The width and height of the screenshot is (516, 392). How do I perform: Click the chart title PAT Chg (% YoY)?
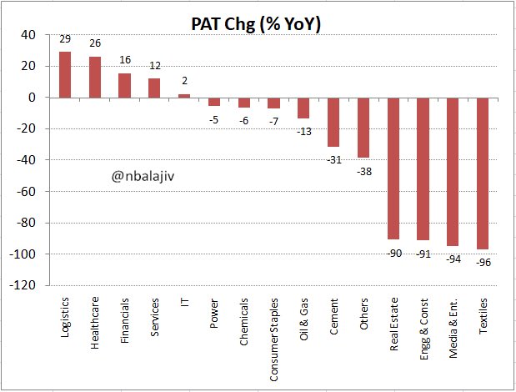[x=257, y=24]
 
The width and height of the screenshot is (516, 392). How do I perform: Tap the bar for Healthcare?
[x=94, y=78]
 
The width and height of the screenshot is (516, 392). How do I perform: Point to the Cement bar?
[x=333, y=122]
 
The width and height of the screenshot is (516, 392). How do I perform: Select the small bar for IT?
[x=184, y=96]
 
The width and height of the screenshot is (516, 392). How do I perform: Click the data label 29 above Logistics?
[x=64, y=40]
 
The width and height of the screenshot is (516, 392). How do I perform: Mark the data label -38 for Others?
[x=363, y=170]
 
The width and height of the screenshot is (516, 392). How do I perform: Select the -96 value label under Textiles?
[x=483, y=263]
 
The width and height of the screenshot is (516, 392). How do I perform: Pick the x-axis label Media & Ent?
[x=453, y=329]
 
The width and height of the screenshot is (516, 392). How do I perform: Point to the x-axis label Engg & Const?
[x=423, y=328]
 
